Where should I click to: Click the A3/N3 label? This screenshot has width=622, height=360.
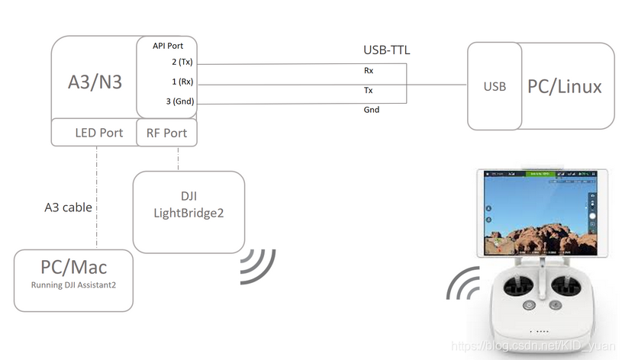[95, 81]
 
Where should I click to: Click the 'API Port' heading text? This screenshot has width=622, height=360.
[167, 47]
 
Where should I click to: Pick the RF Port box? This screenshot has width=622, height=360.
[166, 133]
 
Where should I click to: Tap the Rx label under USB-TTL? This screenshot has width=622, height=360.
[369, 70]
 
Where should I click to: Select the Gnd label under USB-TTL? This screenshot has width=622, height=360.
[371, 110]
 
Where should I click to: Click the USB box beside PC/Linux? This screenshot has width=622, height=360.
[495, 86]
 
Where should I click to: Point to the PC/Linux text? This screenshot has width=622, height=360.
[565, 86]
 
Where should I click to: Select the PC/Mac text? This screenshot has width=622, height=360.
[73, 267]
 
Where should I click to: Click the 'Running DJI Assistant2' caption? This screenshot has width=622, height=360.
[73, 284]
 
